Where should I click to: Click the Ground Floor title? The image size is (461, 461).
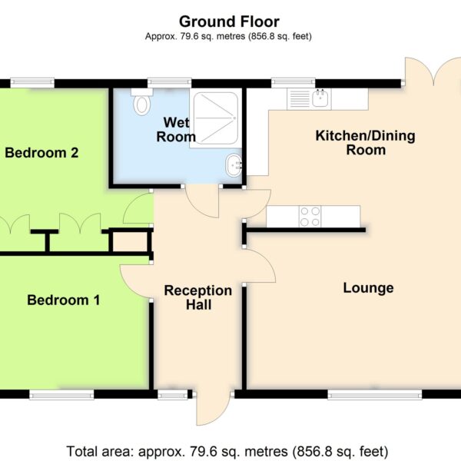(229, 22)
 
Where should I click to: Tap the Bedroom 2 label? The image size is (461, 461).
(41, 153)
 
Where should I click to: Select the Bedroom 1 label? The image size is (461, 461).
(64, 300)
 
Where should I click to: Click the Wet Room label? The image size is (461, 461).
(176, 130)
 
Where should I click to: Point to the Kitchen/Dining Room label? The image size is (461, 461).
(366, 143)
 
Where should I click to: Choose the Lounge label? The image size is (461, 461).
(368, 288)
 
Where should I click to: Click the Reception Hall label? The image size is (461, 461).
(198, 297)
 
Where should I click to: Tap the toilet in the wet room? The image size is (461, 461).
(142, 101)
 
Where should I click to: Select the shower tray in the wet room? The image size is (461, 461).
(215, 118)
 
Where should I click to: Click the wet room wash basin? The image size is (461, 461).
(234, 165)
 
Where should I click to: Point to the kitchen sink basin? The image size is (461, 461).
(320, 98)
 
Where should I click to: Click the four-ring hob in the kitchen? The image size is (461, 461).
(310, 217)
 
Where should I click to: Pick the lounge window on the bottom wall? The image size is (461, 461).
(375, 395)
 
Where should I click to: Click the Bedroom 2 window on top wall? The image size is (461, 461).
(32, 83)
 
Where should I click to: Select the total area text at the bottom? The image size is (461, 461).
(227, 451)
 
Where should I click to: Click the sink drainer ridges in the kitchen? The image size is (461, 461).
(300, 99)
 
